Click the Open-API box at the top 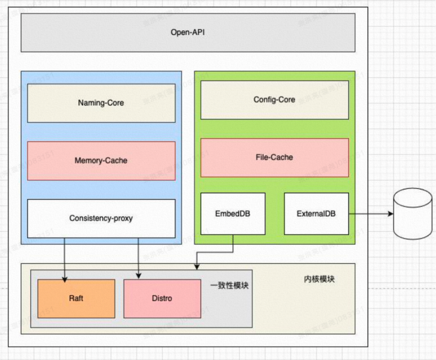click(188, 33)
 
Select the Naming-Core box click(101, 103)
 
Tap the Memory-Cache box click(101, 161)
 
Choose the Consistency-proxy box click(101, 219)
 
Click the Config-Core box click(274, 100)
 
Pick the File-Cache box click(274, 158)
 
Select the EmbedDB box click(233, 213)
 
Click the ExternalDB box click(316, 213)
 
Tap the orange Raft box click(76, 299)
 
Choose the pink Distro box click(162, 299)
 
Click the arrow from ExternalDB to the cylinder click(371, 214)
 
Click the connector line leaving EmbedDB click(233, 244)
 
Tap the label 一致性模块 click(229, 285)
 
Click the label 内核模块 click(319, 279)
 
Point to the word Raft click(76, 299)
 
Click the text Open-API click(188, 33)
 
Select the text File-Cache click(274, 158)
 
